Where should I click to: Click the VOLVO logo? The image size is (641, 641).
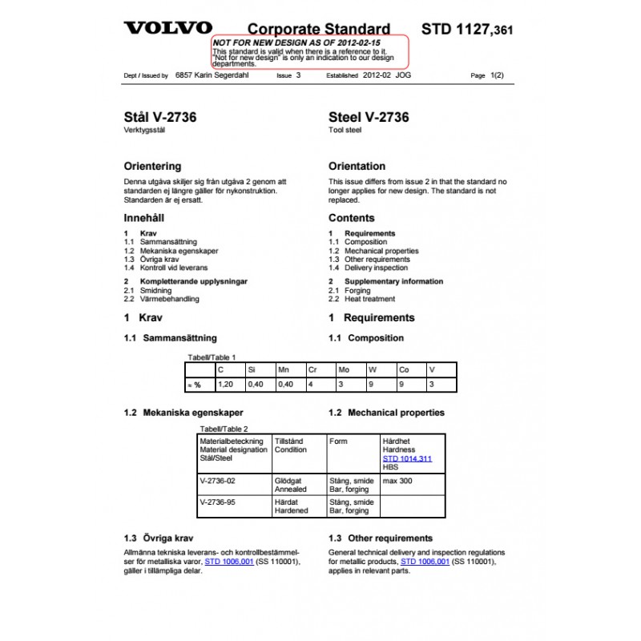(167, 28)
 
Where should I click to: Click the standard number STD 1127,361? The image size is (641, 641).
(467, 30)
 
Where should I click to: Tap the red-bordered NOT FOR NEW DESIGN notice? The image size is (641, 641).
(309, 51)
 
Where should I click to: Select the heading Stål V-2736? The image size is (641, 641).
(160, 117)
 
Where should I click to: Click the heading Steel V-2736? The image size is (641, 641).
(369, 117)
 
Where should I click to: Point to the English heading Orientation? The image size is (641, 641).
(357, 167)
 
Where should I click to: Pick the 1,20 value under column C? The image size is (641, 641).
(227, 385)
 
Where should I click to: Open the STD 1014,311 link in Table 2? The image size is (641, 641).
(407, 458)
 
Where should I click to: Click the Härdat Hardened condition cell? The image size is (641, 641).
(291, 506)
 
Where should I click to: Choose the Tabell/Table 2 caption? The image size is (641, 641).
(224, 429)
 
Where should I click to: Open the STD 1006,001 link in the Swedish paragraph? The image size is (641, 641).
(229, 562)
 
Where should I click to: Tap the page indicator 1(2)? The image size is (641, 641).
(496, 75)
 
